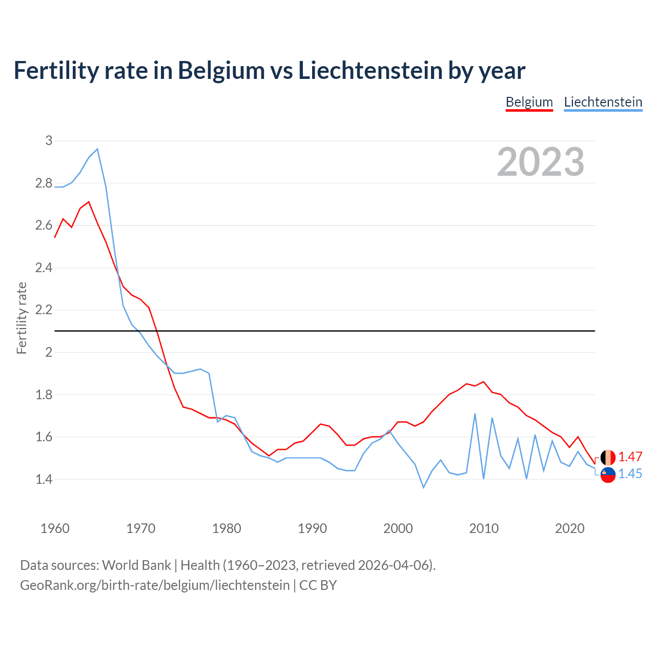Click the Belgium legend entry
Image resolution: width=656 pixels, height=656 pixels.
point(529,102)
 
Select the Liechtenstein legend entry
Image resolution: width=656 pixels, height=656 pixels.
point(603,102)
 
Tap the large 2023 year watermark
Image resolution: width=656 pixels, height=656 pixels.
point(541,162)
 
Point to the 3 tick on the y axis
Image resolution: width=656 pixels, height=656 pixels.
point(49,140)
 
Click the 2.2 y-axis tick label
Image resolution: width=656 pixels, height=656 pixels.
point(44,310)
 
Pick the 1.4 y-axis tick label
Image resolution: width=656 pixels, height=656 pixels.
point(44,480)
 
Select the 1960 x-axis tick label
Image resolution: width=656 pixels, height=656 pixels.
point(55,528)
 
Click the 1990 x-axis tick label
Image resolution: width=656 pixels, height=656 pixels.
point(312,528)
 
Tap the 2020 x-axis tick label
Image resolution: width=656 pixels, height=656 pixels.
point(569,528)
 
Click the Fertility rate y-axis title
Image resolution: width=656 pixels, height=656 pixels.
point(22,318)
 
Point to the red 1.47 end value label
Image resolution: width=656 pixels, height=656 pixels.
point(630,457)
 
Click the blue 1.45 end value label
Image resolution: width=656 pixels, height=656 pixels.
point(630,474)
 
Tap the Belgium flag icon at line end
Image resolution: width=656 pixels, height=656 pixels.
point(608,457)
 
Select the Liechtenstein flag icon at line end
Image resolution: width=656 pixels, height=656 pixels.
point(608,475)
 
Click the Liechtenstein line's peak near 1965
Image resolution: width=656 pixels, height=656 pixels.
point(97,149)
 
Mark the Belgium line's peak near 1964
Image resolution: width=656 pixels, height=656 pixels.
point(89,202)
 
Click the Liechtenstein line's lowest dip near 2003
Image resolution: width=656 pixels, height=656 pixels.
point(423,487)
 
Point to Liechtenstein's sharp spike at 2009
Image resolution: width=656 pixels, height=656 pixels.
point(475,414)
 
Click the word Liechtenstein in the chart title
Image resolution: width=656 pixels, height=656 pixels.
point(372,71)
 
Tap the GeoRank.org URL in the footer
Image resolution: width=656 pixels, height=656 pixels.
point(155,585)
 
